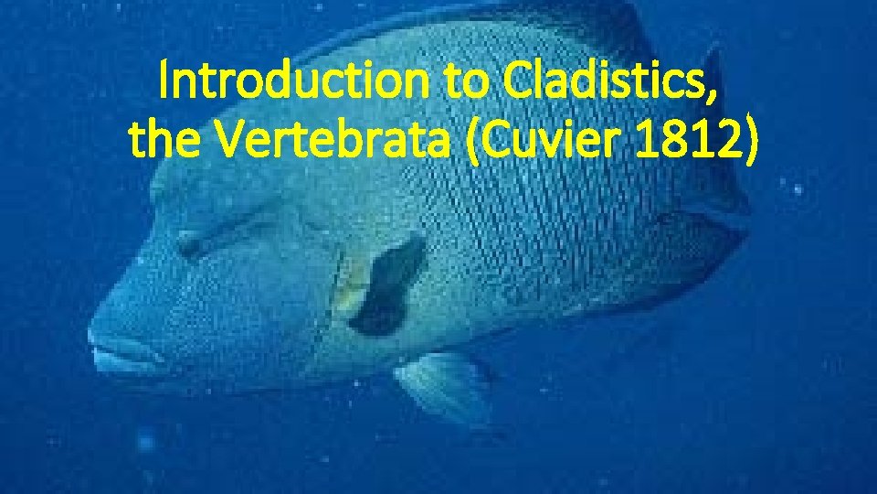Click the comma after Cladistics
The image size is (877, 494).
point(712,96)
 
